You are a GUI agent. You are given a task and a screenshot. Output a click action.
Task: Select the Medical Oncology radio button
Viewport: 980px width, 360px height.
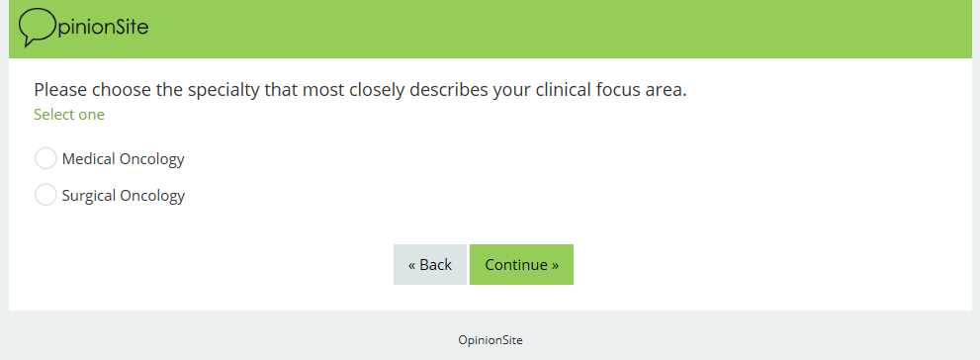point(45,159)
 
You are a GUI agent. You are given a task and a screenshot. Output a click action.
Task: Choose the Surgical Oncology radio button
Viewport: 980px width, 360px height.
point(45,195)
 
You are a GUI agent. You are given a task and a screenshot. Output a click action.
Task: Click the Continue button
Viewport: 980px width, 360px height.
point(521,264)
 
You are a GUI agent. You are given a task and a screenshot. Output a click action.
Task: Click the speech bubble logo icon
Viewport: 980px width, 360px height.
point(37,28)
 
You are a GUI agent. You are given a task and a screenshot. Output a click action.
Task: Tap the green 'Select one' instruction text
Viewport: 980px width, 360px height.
point(69,115)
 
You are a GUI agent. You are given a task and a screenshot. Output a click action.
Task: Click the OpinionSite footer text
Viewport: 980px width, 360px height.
point(490,340)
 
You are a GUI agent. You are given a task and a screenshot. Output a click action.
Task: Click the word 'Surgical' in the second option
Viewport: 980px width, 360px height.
point(89,196)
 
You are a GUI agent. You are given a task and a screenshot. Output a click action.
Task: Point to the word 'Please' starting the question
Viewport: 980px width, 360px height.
point(60,90)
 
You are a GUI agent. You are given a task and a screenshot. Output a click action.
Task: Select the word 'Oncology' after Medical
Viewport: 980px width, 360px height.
point(152,160)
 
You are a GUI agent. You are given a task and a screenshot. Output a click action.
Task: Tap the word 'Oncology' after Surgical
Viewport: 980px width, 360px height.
point(152,196)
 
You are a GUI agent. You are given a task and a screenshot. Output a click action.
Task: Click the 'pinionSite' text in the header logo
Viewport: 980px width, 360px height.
point(103,28)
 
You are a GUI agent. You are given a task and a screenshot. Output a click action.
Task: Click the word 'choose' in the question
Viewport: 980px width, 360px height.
point(122,90)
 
